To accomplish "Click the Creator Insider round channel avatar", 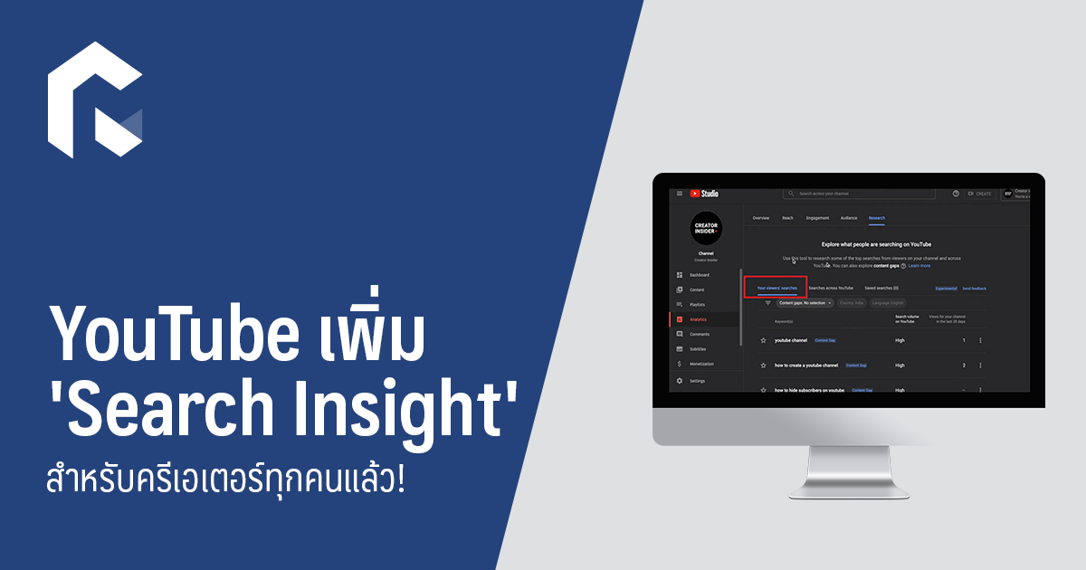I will pyautogui.click(x=706, y=227).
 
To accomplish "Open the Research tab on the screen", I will pyautogui.click(x=876, y=218).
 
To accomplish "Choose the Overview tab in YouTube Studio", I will pyautogui.click(x=761, y=218).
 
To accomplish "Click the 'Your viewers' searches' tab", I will pyautogui.click(x=777, y=288).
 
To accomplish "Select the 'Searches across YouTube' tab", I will pyautogui.click(x=831, y=288).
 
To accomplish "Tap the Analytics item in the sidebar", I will pyautogui.click(x=698, y=319).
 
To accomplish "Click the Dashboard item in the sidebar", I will pyautogui.click(x=699, y=275).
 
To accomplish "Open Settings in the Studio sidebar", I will pyautogui.click(x=697, y=381).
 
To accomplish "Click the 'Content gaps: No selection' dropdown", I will pyautogui.click(x=804, y=303).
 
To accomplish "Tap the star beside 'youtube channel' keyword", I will pyautogui.click(x=764, y=340).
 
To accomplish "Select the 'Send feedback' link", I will pyautogui.click(x=974, y=289).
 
